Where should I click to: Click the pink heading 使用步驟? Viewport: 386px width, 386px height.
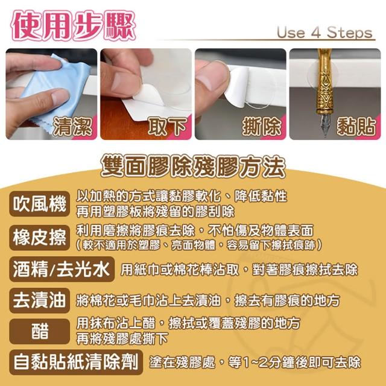coord(73,25)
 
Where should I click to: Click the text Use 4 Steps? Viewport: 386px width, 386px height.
coord(324,33)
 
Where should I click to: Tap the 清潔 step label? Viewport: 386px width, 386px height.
coord(72,127)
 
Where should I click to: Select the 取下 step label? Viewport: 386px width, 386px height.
coord(168,127)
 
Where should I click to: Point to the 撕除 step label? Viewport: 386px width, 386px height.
coord(262,127)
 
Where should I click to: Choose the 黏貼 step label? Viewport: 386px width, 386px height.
coord(356,127)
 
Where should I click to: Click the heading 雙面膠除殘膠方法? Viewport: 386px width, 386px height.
coord(193,166)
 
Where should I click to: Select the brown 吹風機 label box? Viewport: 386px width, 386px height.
coord(40,204)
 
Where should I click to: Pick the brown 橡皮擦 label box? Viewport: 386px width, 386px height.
coord(40,238)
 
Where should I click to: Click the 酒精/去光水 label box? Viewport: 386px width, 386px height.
coord(62,269)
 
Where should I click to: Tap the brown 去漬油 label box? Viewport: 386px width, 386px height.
coord(40,300)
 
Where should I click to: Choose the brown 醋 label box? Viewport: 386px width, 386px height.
coord(40,331)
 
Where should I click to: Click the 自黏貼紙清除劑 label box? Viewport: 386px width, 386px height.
coord(76,362)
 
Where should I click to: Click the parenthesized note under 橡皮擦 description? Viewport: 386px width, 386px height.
coord(199,245)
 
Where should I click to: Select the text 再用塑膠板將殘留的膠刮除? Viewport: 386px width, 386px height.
coord(155,211)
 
